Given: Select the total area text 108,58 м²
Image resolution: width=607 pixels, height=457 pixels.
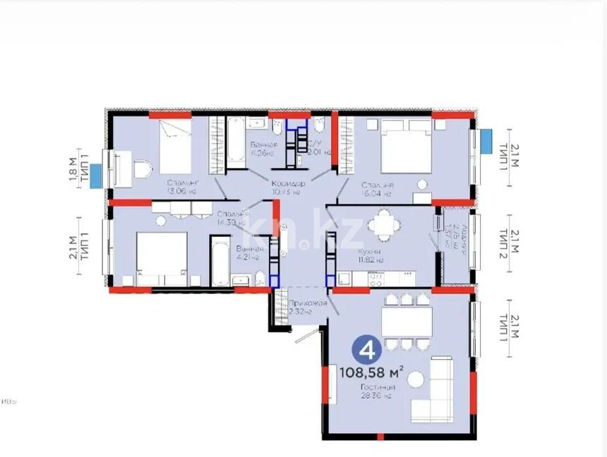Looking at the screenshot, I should point(371,371).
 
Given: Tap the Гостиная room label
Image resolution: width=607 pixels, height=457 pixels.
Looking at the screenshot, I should point(376,387).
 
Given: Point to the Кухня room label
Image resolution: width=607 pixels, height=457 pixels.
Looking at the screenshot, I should point(369,251).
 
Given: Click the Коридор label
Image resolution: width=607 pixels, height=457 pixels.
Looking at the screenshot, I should point(287,183).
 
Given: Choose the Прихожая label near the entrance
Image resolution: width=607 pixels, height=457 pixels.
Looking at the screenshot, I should point(307,304).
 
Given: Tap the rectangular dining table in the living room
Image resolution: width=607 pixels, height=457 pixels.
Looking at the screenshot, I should point(407,322).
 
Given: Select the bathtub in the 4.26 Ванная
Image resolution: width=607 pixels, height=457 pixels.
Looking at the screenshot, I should point(234,138).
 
